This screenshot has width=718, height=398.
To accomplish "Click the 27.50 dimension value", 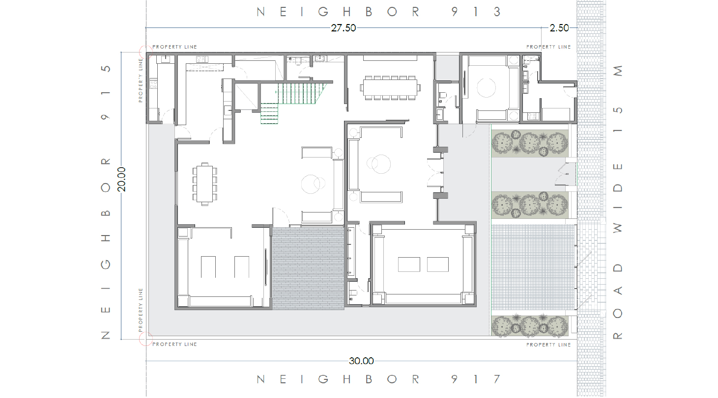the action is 344,28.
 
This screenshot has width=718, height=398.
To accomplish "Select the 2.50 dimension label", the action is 559,28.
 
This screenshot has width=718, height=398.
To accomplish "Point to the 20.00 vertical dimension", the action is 121,179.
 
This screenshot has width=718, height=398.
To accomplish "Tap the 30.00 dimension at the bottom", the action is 361,361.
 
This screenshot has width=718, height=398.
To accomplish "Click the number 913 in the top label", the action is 476,12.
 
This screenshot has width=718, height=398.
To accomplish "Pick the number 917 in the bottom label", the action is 476,379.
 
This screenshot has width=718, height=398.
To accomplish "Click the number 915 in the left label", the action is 106,93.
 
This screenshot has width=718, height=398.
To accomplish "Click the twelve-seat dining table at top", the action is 390,88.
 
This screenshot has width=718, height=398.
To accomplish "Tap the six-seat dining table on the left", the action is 204,184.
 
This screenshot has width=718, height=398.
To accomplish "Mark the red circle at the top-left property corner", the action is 146,52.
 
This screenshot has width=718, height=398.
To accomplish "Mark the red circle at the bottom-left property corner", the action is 146,339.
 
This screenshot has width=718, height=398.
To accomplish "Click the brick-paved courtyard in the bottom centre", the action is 308,268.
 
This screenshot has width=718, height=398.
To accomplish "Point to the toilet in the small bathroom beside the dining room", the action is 443,95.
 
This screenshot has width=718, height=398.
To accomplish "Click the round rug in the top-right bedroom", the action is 486,87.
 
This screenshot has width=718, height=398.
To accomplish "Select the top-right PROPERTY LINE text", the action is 548,47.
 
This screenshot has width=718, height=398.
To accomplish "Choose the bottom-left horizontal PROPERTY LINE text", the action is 174,344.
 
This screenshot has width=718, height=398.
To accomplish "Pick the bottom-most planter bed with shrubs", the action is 529,326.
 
